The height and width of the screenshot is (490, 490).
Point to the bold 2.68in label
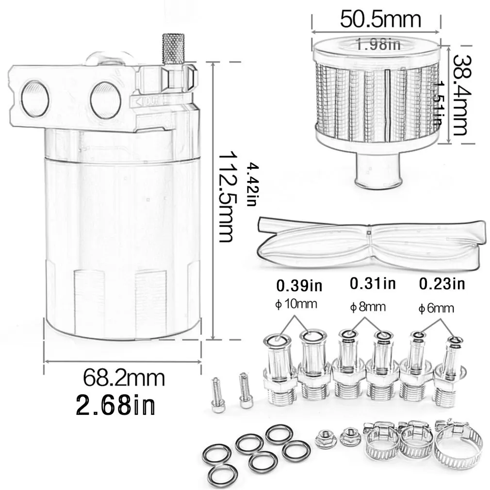tap(115, 404)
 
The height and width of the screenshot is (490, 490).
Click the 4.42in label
tap(251, 185)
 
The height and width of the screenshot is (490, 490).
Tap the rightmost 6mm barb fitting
tap(450, 371)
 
